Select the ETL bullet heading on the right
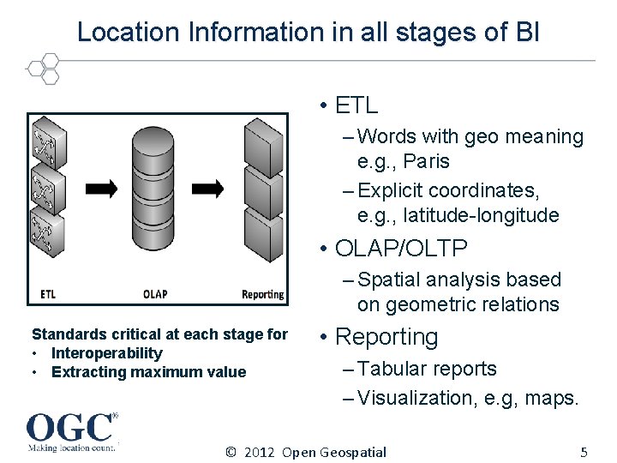click(x=356, y=105)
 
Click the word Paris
click(x=426, y=161)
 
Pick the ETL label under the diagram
click(x=49, y=294)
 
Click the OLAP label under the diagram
click(x=155, y=294)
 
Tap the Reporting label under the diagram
click(x=262, y=294)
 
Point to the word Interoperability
click(x=106, y=353)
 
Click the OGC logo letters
click(x=69, y=426)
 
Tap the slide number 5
click(x=584, y=452)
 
